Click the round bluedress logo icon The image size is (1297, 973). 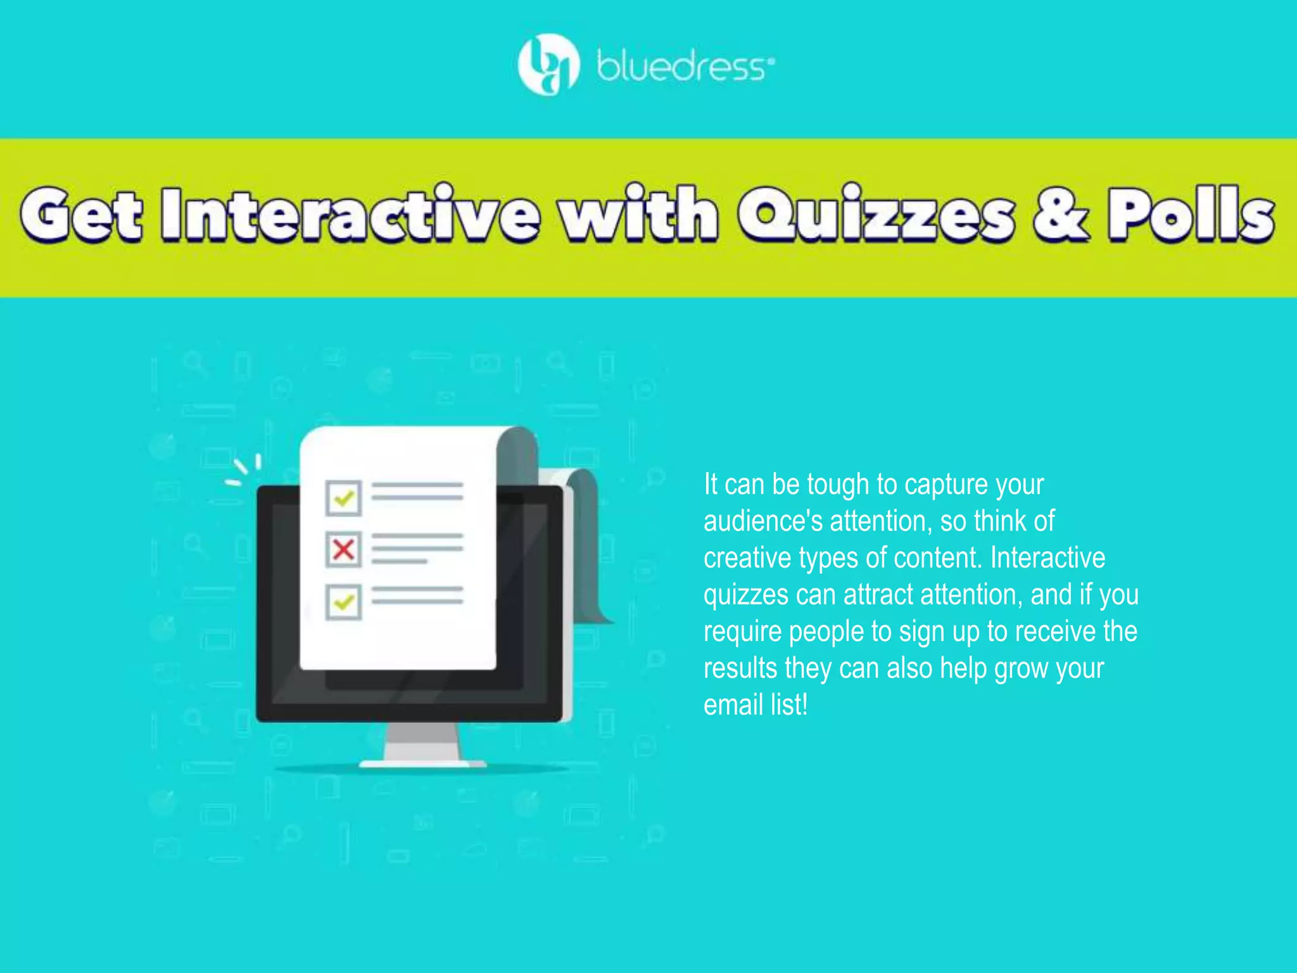point(548,65)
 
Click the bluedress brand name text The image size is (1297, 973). point(684,67)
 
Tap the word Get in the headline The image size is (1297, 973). point(81,214)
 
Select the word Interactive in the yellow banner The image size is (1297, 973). point(350,214)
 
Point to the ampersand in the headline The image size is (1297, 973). point(1061,214)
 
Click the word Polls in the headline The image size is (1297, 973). point(1191,214)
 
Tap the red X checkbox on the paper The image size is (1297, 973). point(343,549)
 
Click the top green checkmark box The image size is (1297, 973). point(343,498)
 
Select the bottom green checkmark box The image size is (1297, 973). point(343,601)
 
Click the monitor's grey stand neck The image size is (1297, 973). point(422,741)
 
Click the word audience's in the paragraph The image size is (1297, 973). point(762,521)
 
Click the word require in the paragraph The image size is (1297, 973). point(743,632)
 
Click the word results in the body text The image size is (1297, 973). point(740,668)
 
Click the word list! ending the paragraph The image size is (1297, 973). point(789,705)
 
